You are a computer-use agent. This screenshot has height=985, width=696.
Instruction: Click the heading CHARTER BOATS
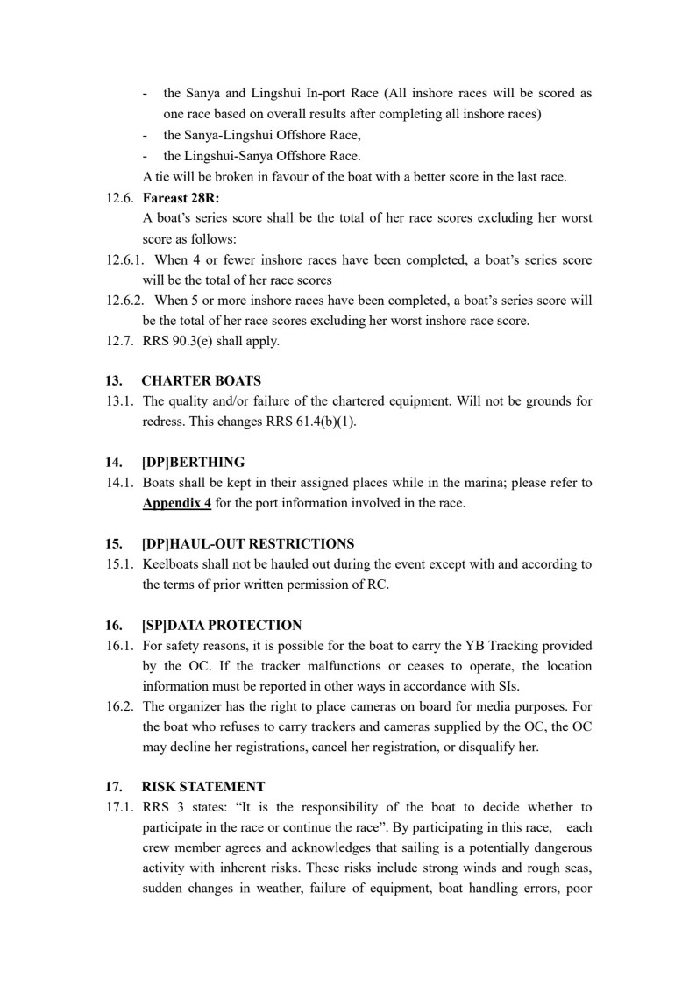point(201,381)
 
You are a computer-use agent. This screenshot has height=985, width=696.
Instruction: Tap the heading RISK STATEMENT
point(202,786)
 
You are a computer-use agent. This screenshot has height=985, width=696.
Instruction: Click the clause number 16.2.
point(119,705)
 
